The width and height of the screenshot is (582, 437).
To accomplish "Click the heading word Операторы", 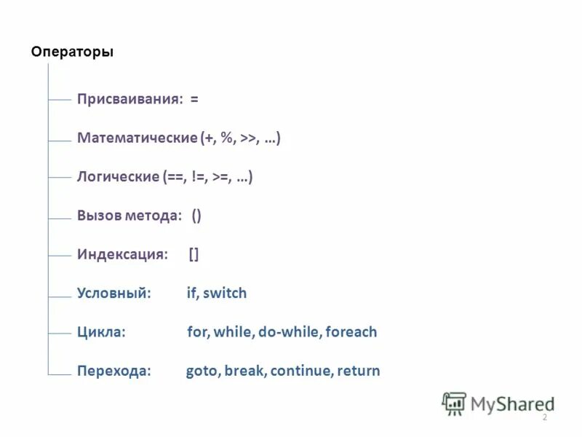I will [72, 52].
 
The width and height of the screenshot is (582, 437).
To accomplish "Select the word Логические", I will [118, 176].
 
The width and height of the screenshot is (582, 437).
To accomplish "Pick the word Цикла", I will [101, 332].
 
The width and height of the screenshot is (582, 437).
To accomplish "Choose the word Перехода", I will [114, 371].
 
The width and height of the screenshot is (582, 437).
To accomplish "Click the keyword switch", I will [225, 293].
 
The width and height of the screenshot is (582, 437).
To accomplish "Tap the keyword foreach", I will [351, 332].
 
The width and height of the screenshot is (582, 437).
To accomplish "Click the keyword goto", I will [202, 371].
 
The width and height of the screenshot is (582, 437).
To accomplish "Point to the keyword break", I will [244, 371].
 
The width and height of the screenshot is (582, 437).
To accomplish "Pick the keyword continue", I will [301, 371].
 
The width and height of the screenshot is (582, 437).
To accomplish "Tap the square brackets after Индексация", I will [194, 254].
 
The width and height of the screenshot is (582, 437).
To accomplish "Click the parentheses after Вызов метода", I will [196, 216].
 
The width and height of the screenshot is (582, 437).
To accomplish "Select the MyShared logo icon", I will [454, 403].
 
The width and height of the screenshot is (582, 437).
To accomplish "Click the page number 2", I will [544, 417].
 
